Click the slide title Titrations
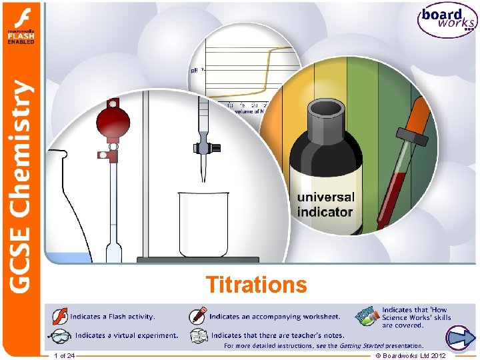(257, 285)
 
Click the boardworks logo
(447, 22)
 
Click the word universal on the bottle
(326, 198)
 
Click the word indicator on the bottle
(325, 213)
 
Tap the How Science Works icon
(369, 316)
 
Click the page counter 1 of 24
(64, 356)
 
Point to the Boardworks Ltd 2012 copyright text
(411, 356)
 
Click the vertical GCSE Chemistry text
(21, 187)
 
